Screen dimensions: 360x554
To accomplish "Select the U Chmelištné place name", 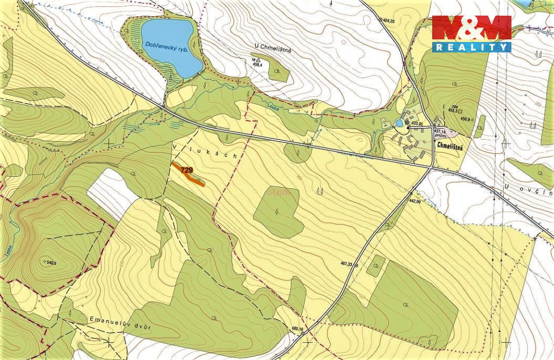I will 273,49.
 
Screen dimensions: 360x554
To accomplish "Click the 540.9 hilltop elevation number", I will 50,262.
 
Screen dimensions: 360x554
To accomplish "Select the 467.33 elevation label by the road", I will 344,265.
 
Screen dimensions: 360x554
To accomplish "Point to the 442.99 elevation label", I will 414,202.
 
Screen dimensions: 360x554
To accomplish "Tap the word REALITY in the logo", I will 471,47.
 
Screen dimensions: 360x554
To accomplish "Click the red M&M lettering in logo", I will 471,27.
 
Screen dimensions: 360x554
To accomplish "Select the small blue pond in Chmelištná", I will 400,123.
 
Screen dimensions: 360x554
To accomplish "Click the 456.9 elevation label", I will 465,119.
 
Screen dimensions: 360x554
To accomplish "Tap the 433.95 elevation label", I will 417,124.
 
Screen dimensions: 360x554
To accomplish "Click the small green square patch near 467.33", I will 375,266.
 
